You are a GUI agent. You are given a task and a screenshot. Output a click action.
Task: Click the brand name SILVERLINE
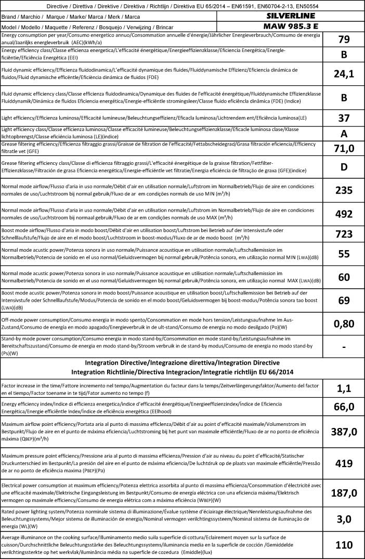tap(291, 16)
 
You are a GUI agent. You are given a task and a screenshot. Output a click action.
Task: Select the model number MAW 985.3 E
tap(291, 25)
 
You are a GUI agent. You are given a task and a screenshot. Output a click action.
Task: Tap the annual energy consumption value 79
tap(344, 39)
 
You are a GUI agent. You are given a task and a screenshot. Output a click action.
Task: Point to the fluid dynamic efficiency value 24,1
tap(344, 74)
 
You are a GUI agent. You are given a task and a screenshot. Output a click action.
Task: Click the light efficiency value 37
tap(344, 118)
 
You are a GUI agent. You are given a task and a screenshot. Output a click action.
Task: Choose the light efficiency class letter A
tap(344, 134)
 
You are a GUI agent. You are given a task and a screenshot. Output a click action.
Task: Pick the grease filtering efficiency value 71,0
tap(344, 149)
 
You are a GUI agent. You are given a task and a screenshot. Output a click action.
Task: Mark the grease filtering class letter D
tap(344, 168)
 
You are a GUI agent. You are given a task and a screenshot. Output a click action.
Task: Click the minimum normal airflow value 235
tap(344, 190)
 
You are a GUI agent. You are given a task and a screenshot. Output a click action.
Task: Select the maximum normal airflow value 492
tap(344, 214)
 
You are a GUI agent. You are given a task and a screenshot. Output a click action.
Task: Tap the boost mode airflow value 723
tap(344, 234)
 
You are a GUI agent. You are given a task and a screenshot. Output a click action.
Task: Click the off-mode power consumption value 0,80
tap(344, 323)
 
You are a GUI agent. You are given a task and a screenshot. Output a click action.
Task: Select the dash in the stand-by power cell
tap(344, 346)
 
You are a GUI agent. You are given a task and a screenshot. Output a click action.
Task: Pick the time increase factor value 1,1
tap(344, 387)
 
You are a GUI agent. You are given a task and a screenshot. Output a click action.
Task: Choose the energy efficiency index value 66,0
tap(344, 407)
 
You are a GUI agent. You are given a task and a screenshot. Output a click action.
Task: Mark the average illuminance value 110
tap(344, 545)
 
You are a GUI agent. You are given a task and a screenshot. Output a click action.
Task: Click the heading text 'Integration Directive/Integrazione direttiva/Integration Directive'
tap(182, 362)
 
